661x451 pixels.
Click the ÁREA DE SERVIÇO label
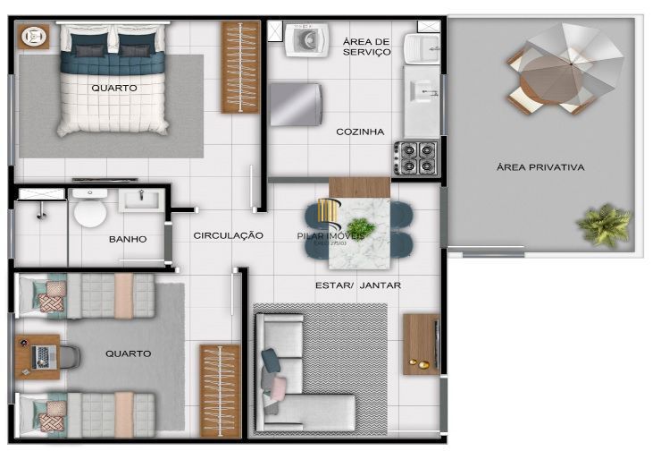pyautogui.click(x=366, y=47)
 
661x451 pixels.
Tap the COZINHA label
pyautogui.click(x=360, y=132)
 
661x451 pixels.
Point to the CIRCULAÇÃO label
pyautogui.click(x=228, y=235)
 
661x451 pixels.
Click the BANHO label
pyautogui.click(x=128, y=240)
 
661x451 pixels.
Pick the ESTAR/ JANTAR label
pyautogui.click(x=357, y=285)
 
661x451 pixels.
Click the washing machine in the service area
pyautogui.click(x=305, y=39)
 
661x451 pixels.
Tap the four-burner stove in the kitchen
pyautogui.click(x=415, y=157)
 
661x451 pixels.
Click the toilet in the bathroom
pyautogui.click(x=89, y=211)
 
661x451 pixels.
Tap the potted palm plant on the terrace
pyautogui.click(x=604, y=225)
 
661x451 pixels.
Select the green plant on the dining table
pyautogui.click(x=361, y=228)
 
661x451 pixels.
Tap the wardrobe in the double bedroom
pyautogui.click(x=239, y=67)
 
